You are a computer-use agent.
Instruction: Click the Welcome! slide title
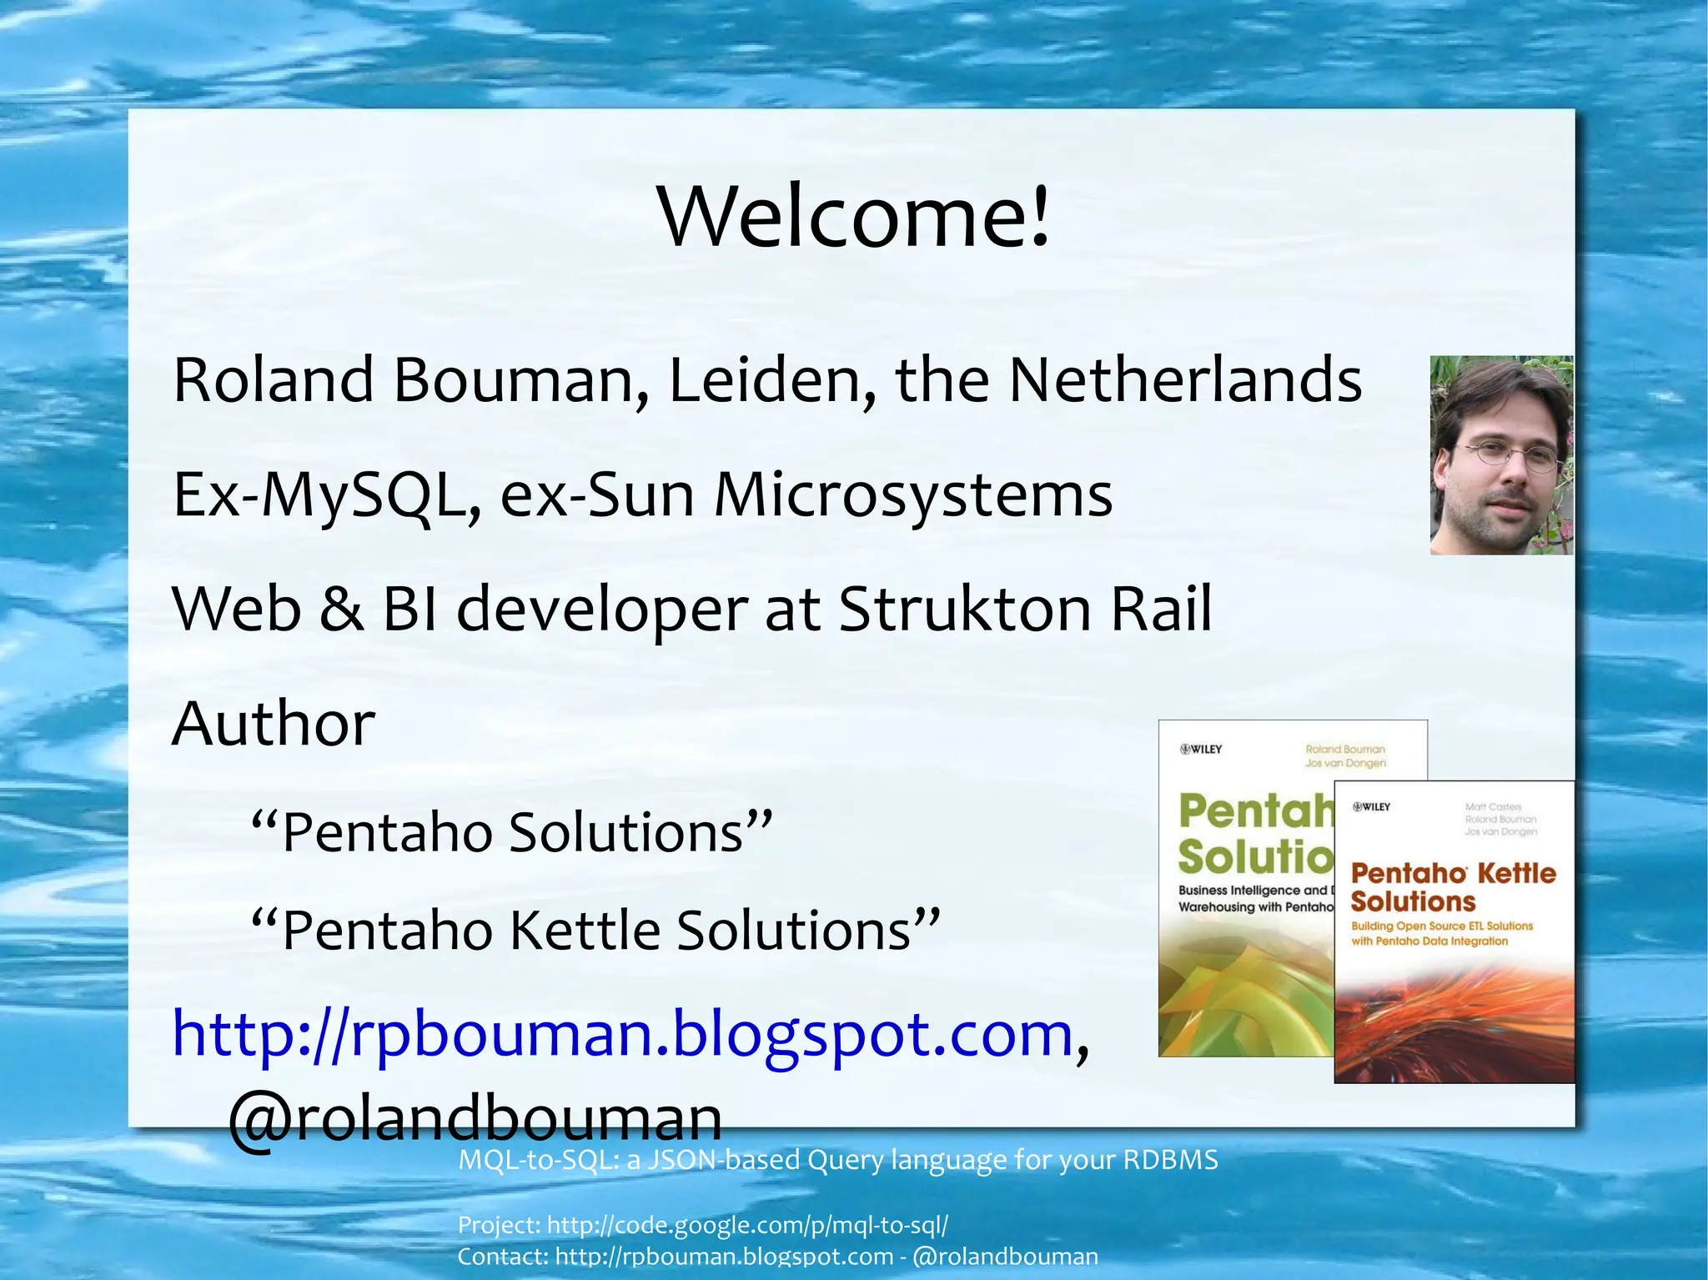click(x=853, y=217)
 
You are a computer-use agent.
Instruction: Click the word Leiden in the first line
click(x=771, y=380)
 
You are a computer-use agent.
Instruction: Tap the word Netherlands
click(x=1185, y=380)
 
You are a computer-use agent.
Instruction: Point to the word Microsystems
click(x=912, y=495)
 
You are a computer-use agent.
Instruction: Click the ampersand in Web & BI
click(x=341, y=609)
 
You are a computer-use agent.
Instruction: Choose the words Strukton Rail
click(x=1024, y=609)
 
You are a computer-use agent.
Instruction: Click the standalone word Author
click(x=274, y=723)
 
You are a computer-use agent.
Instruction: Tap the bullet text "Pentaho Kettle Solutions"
click(x=595, y=930)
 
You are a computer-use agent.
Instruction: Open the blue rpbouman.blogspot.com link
click(x=622, y=1034)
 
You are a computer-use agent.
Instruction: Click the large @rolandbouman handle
click(x=475, y=1118)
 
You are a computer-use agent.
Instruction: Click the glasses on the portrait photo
click(x=1505, y=455)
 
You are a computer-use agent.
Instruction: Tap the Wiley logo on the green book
click(x=1201, y=749)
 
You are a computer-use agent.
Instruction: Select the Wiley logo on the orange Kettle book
click(x=1372, y=806)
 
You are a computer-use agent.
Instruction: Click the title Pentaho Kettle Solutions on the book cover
click(x=1453, y=887)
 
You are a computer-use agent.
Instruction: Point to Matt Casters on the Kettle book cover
click(x=1493, y=806)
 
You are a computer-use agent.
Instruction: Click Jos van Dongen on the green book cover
click(x=1345, y=763)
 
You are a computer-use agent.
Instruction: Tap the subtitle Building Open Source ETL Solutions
click(x=1442, y=926)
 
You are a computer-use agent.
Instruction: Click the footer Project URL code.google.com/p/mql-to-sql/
click(x=747, y=1225)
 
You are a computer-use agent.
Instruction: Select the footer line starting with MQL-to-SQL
click(x=837, y=1160)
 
